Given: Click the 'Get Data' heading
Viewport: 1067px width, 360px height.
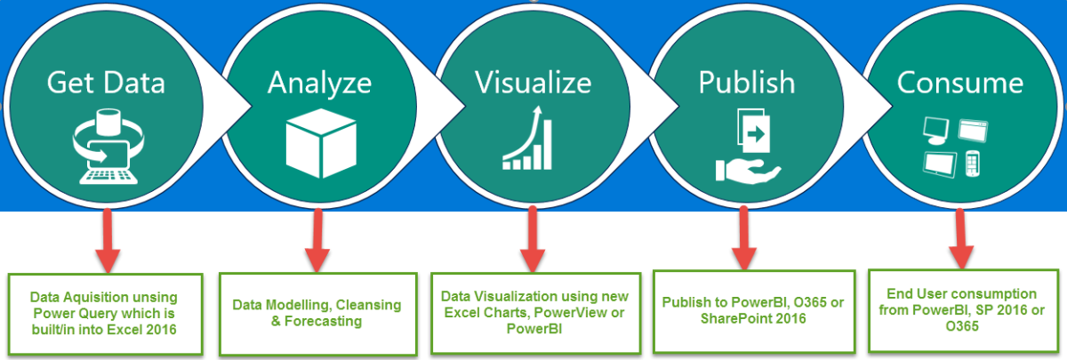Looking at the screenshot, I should click(106, 83).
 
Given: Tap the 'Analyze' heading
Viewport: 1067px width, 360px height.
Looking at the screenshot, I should click(319, 83).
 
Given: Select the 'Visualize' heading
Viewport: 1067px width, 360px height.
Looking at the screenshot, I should click(533, 83).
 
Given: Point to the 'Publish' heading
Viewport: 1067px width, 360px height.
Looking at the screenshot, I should click(746, 83).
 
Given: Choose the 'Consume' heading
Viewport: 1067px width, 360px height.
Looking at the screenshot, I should click(959, 83).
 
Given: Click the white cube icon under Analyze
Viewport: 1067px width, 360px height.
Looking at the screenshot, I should click(319, 143).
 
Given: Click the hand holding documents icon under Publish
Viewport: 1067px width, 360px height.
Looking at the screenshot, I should click(747, 147).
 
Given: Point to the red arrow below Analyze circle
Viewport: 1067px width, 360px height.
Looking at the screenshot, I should click(317, 240).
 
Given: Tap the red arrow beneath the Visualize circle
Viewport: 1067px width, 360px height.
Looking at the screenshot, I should click(532, 240).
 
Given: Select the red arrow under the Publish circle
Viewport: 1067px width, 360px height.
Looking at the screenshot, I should click(744, 238).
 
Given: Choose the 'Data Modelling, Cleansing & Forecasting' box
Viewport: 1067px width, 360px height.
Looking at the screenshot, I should click(317, 313).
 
